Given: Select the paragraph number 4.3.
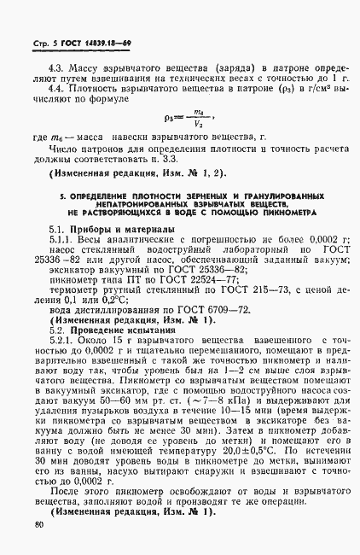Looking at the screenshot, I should point(57,66).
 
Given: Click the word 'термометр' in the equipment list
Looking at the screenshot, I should point(76,289).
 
